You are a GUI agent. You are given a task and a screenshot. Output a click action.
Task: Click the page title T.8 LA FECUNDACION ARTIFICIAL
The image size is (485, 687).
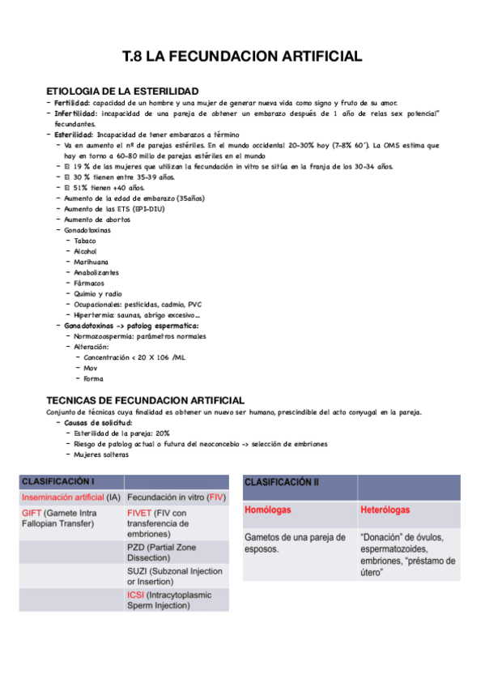click(x=241, y=56)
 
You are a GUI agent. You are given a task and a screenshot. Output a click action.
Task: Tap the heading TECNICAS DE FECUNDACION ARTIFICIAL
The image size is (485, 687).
click(x=146, y=400)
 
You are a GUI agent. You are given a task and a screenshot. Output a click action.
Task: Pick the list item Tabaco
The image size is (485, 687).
click(x=85, y=241)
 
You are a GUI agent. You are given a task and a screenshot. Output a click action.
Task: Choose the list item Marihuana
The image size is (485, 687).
click(x=91, y=262)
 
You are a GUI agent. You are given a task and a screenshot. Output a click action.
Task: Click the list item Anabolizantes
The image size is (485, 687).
click(x=96, y=272)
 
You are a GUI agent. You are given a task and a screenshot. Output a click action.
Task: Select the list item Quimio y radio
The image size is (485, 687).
click(x=97, y=293)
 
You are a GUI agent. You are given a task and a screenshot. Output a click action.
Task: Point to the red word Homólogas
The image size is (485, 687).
click(x=268, y=510)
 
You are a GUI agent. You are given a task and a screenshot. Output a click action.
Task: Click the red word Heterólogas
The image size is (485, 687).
click(x=385, y=510)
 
